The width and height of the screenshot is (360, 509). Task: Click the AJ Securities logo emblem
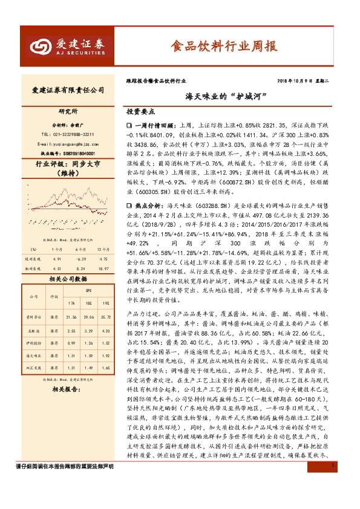tap(42, 45)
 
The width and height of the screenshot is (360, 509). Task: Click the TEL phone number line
tap(67, 134)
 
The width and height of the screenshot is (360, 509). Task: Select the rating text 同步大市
tap(80, 163)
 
